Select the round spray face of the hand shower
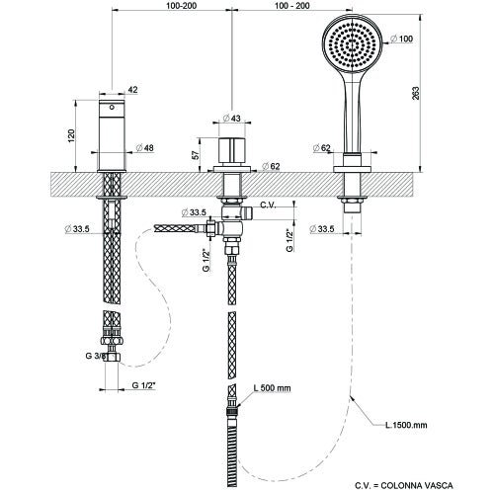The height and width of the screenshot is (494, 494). pos(352,46)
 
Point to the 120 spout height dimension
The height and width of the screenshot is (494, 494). pos(70,133)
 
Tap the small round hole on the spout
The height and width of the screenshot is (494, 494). pos(111,104)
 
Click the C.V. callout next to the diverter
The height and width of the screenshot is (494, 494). pos(267,206)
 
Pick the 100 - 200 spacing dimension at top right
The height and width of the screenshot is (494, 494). pos(288,6)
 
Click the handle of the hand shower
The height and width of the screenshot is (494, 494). pos(351,114)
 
